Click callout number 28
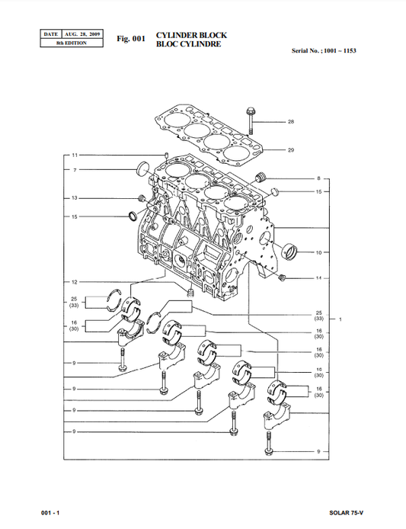point(290,122)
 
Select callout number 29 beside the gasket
point(290,150)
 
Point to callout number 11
point(75,155)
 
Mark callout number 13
point(75,198)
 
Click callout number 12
point(75,282)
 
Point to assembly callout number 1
point(340,319)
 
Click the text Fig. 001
point(130,38)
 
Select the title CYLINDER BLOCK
point(190,35)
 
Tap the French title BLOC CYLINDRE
point(188,44)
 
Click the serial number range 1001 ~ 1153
point(339,50)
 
